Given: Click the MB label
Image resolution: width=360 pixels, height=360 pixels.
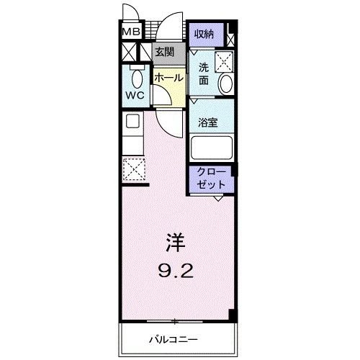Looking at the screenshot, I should (130, 32).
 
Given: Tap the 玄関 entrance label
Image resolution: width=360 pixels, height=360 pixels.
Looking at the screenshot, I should (163, 52).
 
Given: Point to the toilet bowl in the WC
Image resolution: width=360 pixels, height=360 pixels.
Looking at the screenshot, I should (135, 77).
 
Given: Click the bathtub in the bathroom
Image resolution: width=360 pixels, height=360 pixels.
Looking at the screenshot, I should (212, 148).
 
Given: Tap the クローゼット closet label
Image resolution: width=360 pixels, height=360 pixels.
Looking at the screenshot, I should (212, 179).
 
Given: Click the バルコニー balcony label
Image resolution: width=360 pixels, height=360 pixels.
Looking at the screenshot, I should (174, 338).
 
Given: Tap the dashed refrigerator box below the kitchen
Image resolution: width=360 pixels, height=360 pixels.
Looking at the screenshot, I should (133, 171).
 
